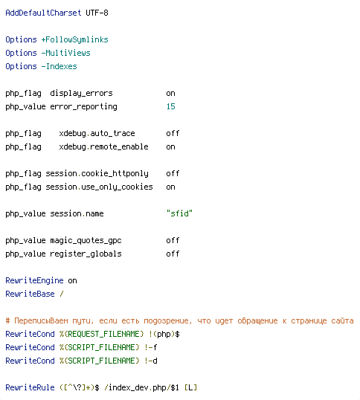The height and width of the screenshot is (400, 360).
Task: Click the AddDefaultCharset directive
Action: click(43, 13)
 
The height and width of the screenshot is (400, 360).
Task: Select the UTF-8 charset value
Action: click(97, 13)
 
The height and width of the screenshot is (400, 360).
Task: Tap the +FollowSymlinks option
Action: click(75, 40)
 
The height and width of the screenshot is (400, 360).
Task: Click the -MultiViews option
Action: click(65, 53)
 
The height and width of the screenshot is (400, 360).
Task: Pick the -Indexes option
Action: click(59, 66)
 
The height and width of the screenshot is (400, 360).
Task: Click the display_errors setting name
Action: click(81, 94)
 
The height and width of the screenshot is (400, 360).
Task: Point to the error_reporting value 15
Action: click(170, 106)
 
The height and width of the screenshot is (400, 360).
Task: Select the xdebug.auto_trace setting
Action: click(97, 133)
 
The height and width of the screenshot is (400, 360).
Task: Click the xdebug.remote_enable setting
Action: click(103, 147)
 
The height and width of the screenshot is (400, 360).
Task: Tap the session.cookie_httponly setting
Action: click(97, 174)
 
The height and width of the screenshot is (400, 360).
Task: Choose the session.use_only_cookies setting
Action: click(99, 187)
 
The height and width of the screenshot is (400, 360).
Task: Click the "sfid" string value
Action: click(179, 213)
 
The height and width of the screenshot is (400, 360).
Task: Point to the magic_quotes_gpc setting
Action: click(86, 241)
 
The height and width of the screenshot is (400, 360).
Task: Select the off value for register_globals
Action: click(173, 254)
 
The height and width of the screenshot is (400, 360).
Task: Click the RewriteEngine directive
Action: click(34, 280)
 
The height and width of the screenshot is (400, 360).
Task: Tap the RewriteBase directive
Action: click(30, 294)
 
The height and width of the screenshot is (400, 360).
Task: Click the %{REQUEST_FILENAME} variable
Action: click(102, 334)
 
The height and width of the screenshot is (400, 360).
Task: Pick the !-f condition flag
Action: click(151, 347)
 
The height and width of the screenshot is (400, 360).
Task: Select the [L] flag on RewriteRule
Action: click(191, 387)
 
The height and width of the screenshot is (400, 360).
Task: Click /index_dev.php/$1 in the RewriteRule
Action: click(142, 388)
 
